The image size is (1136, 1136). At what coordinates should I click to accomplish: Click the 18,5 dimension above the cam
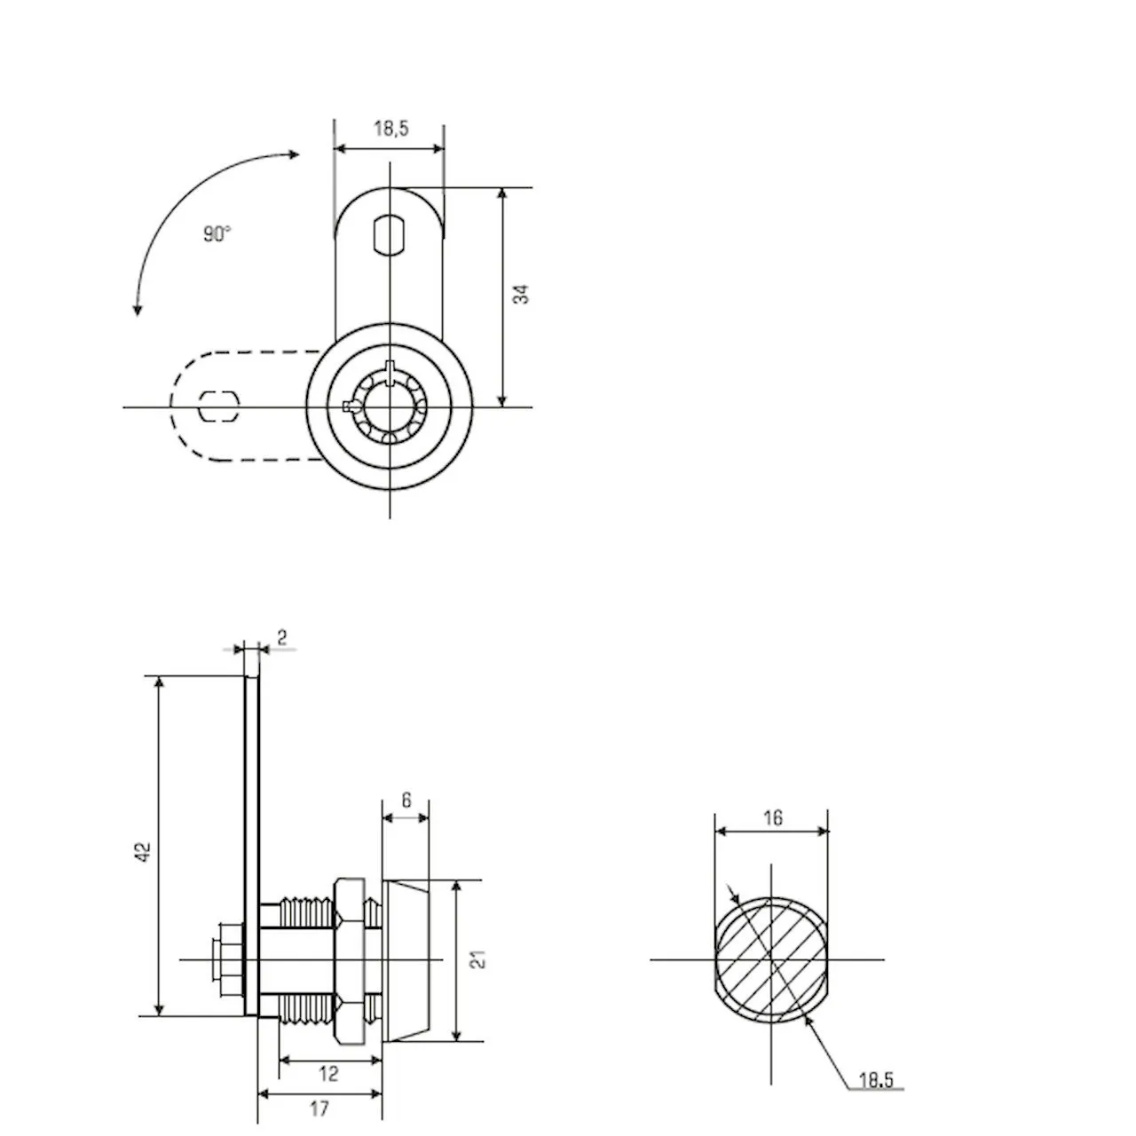point(390,128)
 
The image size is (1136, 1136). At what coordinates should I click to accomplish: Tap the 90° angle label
point(217,234)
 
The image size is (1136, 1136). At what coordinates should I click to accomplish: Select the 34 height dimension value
point(521,294)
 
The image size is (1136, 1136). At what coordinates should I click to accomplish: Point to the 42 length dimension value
point(144,852)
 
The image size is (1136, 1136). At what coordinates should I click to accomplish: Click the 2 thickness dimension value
point(282,637)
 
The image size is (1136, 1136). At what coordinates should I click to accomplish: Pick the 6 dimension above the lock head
point(406,800)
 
